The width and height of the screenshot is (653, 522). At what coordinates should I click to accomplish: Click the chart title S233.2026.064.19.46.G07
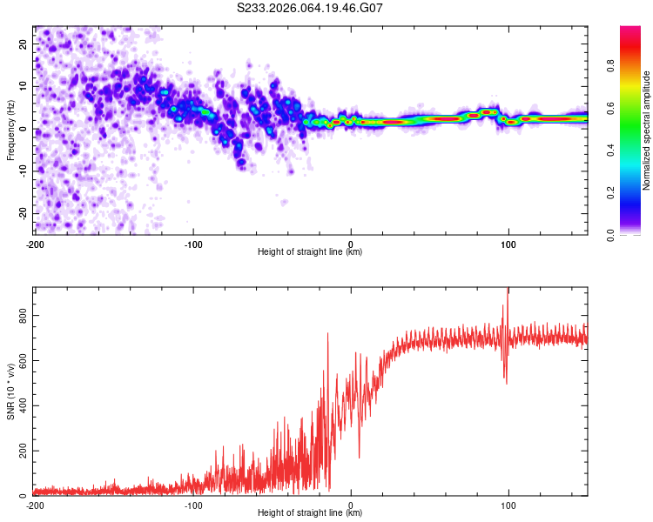tap(311, 8)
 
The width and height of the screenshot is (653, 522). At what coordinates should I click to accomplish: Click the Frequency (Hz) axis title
tap(10, 130)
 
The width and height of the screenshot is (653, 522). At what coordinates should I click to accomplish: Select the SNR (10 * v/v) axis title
tap(10, 391)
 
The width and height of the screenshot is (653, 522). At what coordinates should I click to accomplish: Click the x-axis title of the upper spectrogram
tap(310, 252)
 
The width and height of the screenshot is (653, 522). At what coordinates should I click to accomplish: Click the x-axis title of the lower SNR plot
tap(310, 513)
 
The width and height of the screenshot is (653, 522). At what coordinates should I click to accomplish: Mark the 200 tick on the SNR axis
tap(21, 451)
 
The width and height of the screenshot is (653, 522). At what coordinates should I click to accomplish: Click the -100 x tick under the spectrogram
tap(193, 244)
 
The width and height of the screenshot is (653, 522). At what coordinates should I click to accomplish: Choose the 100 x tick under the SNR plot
tap(508, 505)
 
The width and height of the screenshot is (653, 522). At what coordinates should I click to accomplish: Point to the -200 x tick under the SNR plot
tap(35, 505)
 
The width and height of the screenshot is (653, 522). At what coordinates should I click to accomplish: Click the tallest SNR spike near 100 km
tap(508, 291)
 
